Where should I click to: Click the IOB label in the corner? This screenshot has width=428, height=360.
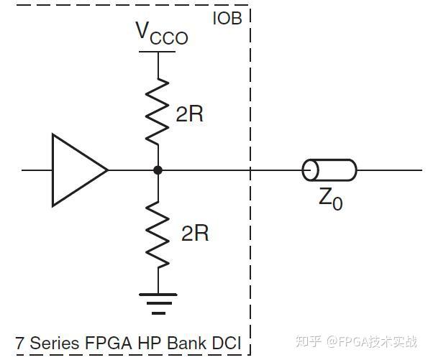coord(227,18)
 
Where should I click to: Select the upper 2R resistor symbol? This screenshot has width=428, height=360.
coord(158,111)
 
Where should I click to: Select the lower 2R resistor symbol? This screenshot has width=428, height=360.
coord(158,231)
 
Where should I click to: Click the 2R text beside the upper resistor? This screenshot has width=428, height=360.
coord(189,114)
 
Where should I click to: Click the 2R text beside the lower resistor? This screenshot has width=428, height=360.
coord(194,233)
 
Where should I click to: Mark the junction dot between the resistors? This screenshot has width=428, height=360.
coord(158,170)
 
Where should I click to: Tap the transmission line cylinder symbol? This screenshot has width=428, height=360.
coord(329,170)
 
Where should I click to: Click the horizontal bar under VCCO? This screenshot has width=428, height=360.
coord(158,52)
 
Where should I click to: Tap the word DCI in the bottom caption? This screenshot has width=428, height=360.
coord(227,343)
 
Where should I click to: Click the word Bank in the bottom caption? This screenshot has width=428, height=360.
coord(186,343)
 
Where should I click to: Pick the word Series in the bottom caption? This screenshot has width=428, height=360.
coord(50,343)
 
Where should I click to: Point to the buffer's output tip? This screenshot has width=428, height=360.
coord(107,170)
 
